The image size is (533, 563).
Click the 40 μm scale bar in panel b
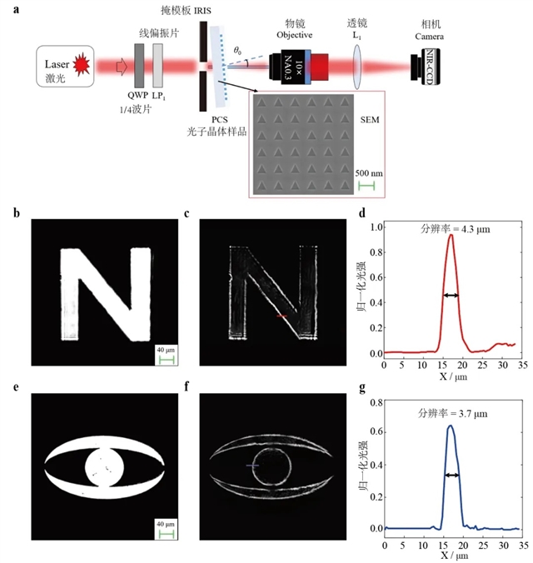[165, 360]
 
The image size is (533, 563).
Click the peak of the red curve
[451, 235]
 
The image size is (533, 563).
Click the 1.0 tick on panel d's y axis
[375, 226]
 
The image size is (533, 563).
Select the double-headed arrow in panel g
[451, 475]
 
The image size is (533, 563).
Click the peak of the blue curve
[451, 426]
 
